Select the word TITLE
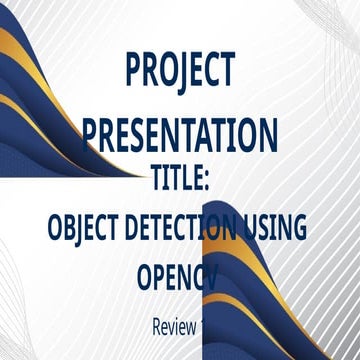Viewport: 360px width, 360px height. [176, 180]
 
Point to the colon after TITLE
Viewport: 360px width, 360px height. [205, 182]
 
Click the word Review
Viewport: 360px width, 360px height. [173, 325]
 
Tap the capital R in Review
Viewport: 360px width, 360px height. [157, 325]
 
